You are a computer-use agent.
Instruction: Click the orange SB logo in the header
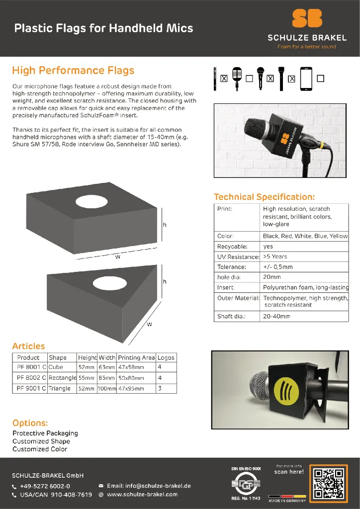[x=307, y=18]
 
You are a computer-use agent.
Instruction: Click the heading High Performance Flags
[x=73, y=71]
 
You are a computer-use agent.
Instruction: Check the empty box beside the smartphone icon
[x=320, y=78]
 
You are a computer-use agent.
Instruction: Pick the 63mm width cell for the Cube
[x=106, y=367]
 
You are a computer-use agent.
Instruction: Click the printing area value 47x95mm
[x=131, y=388]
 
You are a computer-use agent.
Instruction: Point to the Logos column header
[x=166, y=357]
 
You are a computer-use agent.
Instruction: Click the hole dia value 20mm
[x=272, y=277]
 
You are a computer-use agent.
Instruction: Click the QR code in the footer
[x=328, y=482]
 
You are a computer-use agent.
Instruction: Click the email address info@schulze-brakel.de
[x=149, y=486]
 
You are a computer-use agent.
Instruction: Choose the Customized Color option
[x=40, y=449]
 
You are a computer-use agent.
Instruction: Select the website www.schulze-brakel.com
[x=142, y=495]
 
